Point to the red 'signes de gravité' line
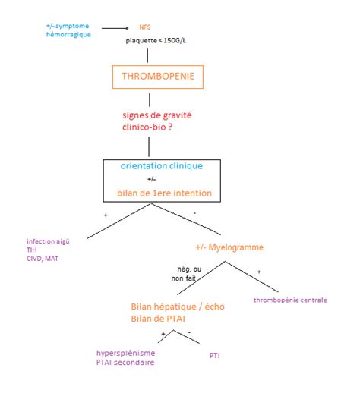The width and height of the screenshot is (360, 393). pyautogui.click(x=157, y=115)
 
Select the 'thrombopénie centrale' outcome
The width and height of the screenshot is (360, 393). pyautogui.click(x=289, y=300)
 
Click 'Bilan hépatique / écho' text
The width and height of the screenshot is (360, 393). pyautogui.click(x=172, y=307)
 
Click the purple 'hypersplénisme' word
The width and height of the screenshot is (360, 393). pyautogui.click(x=125, y=353)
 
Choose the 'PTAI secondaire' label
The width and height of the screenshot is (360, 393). pyautogui.click(x=126, y=363)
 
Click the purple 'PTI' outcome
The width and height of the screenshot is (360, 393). pyautogui.click(x=215, y=354)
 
